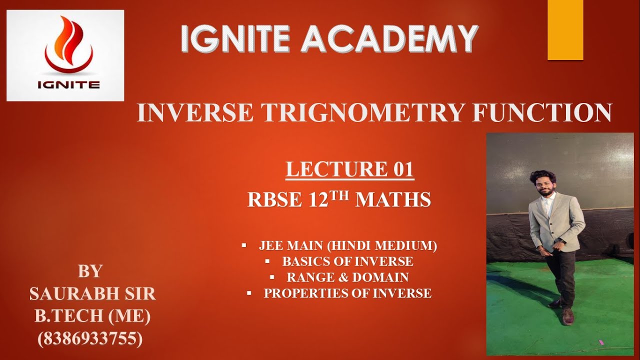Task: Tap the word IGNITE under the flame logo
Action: pyautogui.click(x=68, y=84)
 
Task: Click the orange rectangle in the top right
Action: pyautogui.click(x=565, y=30)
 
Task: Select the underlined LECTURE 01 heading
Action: pyautogui.click(x=349, y=169)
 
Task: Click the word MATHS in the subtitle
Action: pyautogui.click(x=393, y=200)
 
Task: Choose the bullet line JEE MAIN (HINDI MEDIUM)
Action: pyautogui.click(x=347, y=246)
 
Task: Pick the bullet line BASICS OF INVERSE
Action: pyautogui.click(x=347, y=261)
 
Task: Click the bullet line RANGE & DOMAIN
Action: pyautogui.click(x=347, y=277)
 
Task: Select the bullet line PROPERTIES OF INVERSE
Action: pyautogui.click(x=347, y=293)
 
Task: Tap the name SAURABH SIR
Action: pyautogui.click(x=92, y=294)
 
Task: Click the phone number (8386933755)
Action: pyautogui.click(x=90, y=339)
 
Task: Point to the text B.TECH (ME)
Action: pyautogui.click(x=92, y=316)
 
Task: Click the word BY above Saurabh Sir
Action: pyautogui.click(x=90, y=271)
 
